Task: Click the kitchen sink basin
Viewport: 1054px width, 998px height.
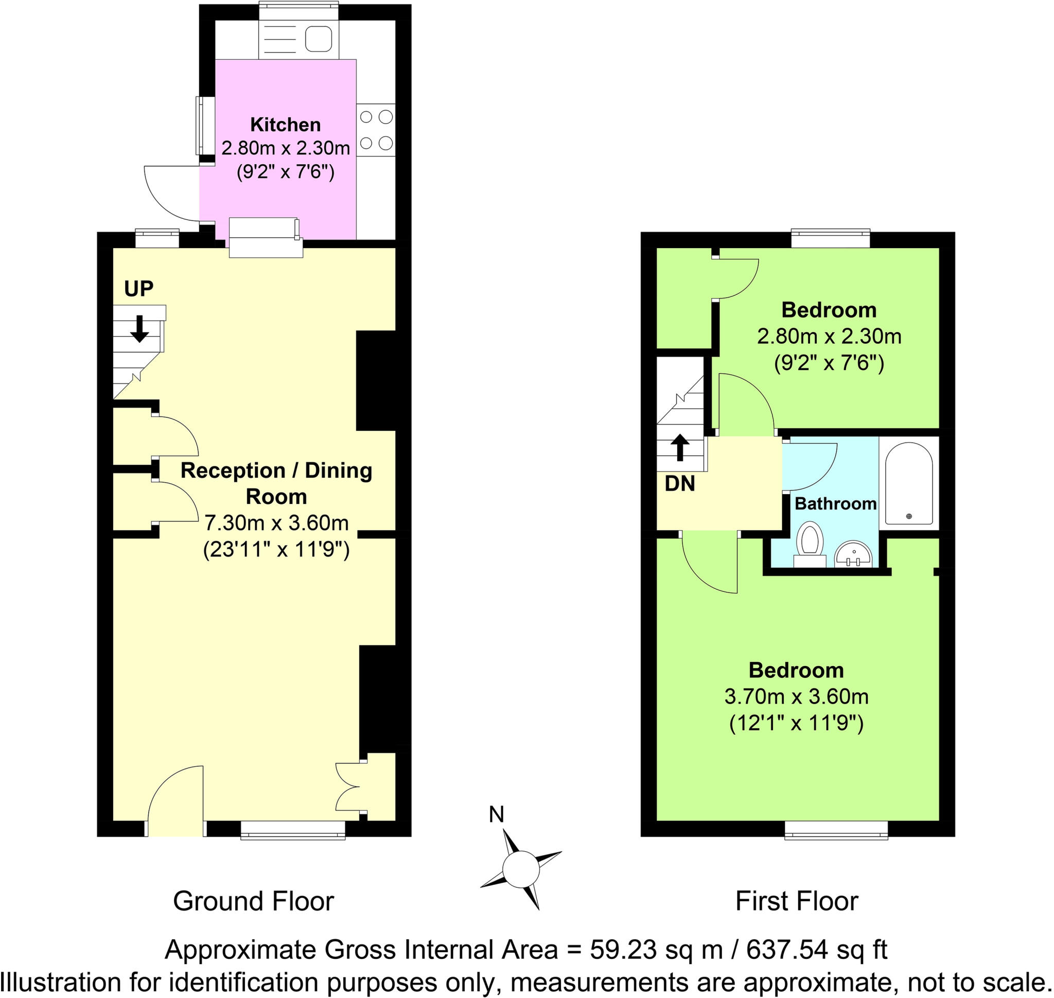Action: tap(318, 39)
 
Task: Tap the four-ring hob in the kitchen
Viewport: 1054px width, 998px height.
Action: tap(376, 130)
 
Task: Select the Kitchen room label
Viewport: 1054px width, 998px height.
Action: tap(286, 125)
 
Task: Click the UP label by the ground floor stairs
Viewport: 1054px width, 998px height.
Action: tap(138, 288)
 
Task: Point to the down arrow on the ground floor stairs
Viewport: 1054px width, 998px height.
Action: tap(139, 328)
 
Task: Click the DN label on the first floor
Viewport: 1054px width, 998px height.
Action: tap(679, 484)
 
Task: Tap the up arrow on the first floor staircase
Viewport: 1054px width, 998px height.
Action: tap(679, 447)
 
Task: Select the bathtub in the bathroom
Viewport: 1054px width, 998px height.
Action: tap(908, 483)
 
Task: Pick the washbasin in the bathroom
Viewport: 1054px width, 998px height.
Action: tap(853, 555)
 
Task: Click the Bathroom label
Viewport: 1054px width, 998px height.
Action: tap(835, 503)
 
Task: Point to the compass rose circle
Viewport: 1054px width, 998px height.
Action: tap(521, 868)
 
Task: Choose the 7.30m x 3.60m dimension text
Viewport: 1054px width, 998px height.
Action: tap(276, 523)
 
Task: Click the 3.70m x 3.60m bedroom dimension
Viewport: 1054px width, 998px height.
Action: tap(796, 696)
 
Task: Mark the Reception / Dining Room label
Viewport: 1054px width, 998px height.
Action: tap(276, 483)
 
